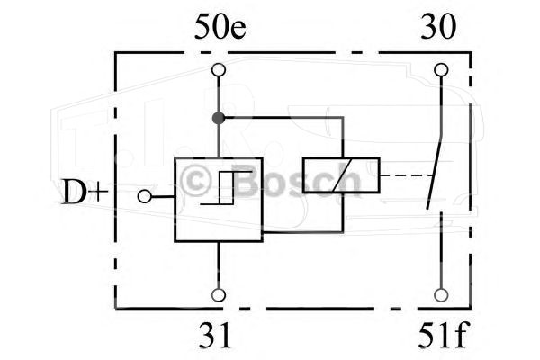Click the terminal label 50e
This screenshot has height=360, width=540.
220,26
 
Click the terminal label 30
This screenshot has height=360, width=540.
438,26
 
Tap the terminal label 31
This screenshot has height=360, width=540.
215,336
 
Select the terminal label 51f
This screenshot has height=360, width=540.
443,336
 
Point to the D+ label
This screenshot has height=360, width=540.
85,192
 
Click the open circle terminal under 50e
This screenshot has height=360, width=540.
219,70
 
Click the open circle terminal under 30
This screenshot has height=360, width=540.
441,70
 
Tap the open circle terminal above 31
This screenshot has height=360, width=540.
219,295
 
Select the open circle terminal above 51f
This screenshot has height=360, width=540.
441,295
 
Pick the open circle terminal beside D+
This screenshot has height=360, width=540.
144,197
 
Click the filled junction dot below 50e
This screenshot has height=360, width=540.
219,118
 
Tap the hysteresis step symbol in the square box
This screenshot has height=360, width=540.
226,188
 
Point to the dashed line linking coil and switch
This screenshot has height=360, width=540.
407,175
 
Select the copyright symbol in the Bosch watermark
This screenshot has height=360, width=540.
195,182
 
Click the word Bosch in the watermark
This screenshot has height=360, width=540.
299,182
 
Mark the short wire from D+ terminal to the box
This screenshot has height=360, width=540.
163,197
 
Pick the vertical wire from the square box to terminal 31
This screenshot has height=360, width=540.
219,265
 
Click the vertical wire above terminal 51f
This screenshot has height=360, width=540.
441,250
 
